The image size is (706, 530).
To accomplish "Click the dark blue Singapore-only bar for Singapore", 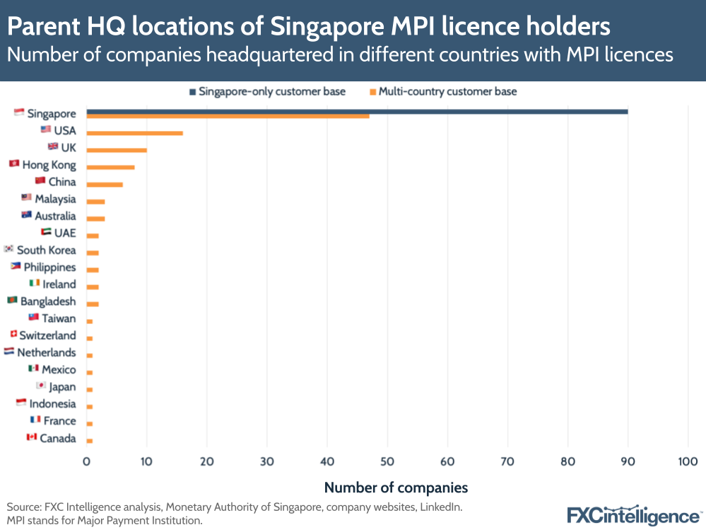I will pyautogui.click(x=357, y=111).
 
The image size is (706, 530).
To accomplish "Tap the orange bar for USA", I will pyautogui.click(x=134, y=133).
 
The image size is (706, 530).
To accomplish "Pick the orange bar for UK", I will pyautogui.click(x=117, y=150).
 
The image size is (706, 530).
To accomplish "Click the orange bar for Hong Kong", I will pyautogui.click(x=110, y=167).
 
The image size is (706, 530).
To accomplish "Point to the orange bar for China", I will pyautogui.click(x=105, y=184).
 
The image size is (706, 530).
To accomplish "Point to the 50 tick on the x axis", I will pyautogui.click(x=387, y=461).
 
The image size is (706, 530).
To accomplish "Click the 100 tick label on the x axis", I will pyautogui.click(x=688, y=461).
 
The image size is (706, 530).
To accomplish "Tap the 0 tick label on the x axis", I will pyautogui.click(x=86, y=461).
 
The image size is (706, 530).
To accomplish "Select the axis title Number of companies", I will pyautogui.click(x=396, y=488).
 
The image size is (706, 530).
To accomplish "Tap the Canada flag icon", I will pyautogui.click(x=31, y=437).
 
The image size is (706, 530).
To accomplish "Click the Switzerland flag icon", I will pyautogui.click(x=13, y=334).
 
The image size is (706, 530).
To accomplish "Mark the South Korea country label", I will pyautogui.click(x=47, y=250).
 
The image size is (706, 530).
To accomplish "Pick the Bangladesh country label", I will pyautogui.click(x=48, y=301).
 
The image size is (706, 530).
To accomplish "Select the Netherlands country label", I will pyautogui.click(x=47, y=352).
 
